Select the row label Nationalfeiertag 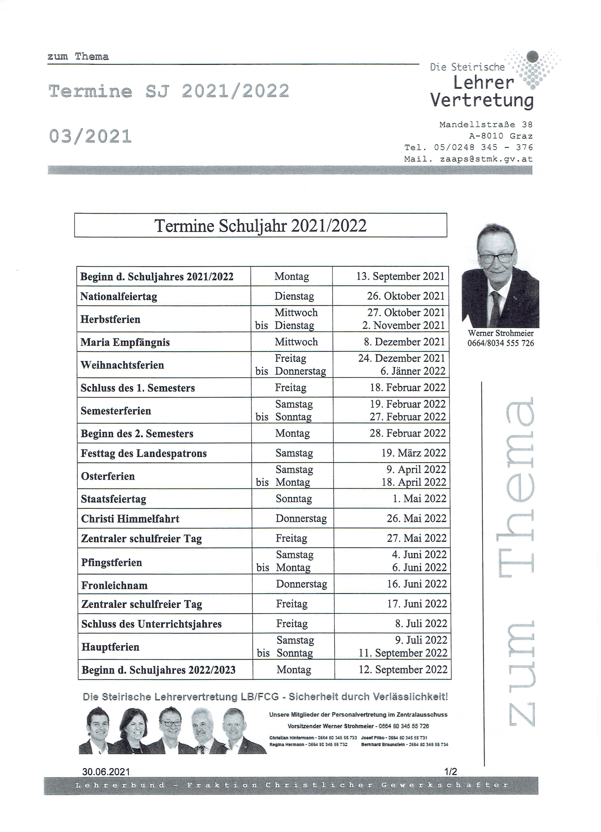pos(119,296)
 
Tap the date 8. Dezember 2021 pos(404,342)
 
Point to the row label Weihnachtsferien pos(122,365)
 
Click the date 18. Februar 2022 pos(407,388)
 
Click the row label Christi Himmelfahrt pos(130,519)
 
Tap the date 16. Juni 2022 pos(417,584)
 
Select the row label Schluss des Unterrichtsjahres pos(151,624)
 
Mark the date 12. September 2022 pos(403,669)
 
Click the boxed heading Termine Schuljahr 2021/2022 pos(261,226)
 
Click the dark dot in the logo pos(532,56)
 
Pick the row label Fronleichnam pos(114,586)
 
